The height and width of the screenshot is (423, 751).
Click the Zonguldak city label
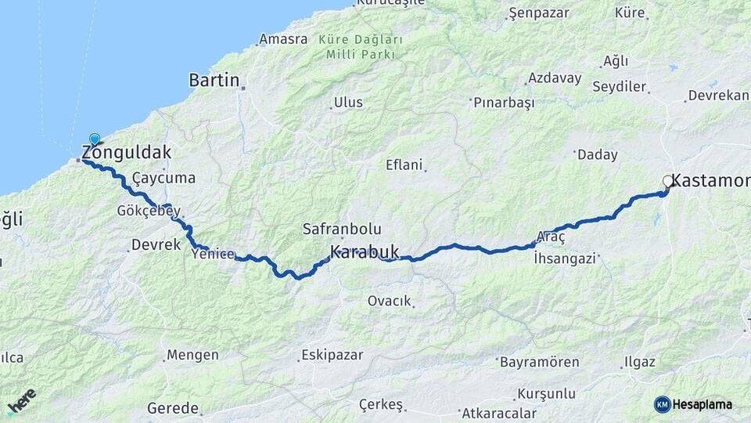pyautogui.click(x=127, y=153)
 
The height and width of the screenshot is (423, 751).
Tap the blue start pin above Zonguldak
pyautogui.click(x=95, y=139)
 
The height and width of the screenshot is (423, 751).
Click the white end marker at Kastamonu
pyautogui.click(x=667, y=181)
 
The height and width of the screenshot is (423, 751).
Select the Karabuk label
pyautogui.click(x=365, y=253)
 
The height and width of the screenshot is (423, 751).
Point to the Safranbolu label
pyautogui.click(x=343, y=230)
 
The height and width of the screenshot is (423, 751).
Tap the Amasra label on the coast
pyautogui.click(x=283, y=39)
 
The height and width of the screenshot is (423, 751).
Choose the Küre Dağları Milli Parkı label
pyautogui.click(x=361, y=46)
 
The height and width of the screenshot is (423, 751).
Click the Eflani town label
pyautogui.click(x=404, y=165)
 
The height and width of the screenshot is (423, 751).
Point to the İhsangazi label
pyautogui.click(x=564, y=257)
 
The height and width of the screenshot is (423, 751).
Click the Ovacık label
pyautogui.click(x=389, y=301)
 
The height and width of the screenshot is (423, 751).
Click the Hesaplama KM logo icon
pyautogui.click(x=663, y=404)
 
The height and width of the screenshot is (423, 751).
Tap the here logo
pyautogui.click(x=21, y=400)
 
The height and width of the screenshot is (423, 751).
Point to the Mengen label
pyautogui.click(x=193, y=355)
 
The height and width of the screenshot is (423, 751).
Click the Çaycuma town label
pyautogui.click(x=163, y=179)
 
